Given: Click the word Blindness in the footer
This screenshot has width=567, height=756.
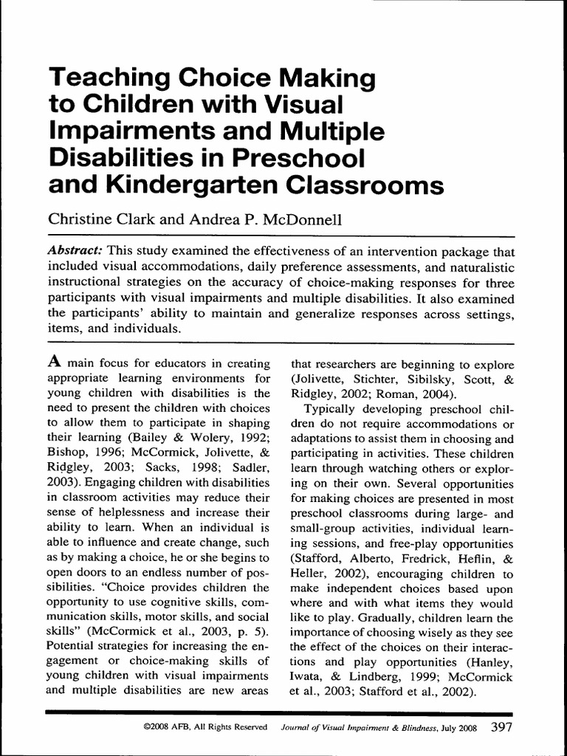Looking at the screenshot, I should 416,728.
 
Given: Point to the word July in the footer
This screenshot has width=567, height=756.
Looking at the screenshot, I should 450,728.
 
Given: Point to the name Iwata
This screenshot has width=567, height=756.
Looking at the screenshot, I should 309,676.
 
